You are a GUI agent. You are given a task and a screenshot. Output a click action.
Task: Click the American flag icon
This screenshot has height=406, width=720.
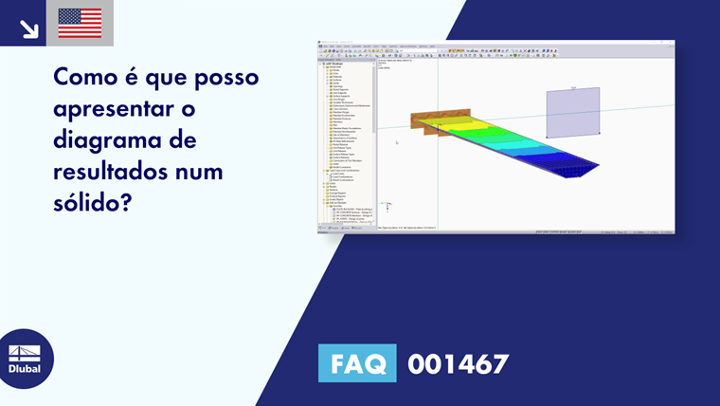(80, 23)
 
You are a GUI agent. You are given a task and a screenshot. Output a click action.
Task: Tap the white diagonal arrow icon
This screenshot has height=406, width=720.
(29, 28)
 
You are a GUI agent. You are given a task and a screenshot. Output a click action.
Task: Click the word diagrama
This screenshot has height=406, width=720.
(104, 141)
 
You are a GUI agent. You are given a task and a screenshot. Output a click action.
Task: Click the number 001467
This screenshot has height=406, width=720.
(458, 363)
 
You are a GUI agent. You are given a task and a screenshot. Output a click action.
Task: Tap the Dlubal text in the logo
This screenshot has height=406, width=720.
(25, 369)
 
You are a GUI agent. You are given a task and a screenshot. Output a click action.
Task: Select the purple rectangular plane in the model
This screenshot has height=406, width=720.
(572, 111)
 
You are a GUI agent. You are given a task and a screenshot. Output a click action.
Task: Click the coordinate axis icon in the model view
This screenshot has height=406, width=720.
(386, 204)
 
